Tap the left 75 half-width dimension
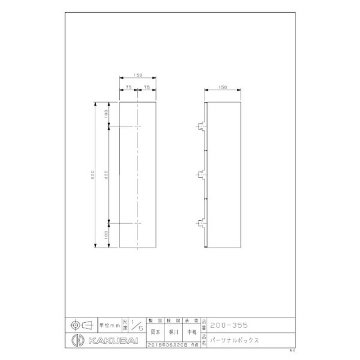129,88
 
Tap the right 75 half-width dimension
147,88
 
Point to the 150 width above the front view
138,75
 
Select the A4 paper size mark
292,350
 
